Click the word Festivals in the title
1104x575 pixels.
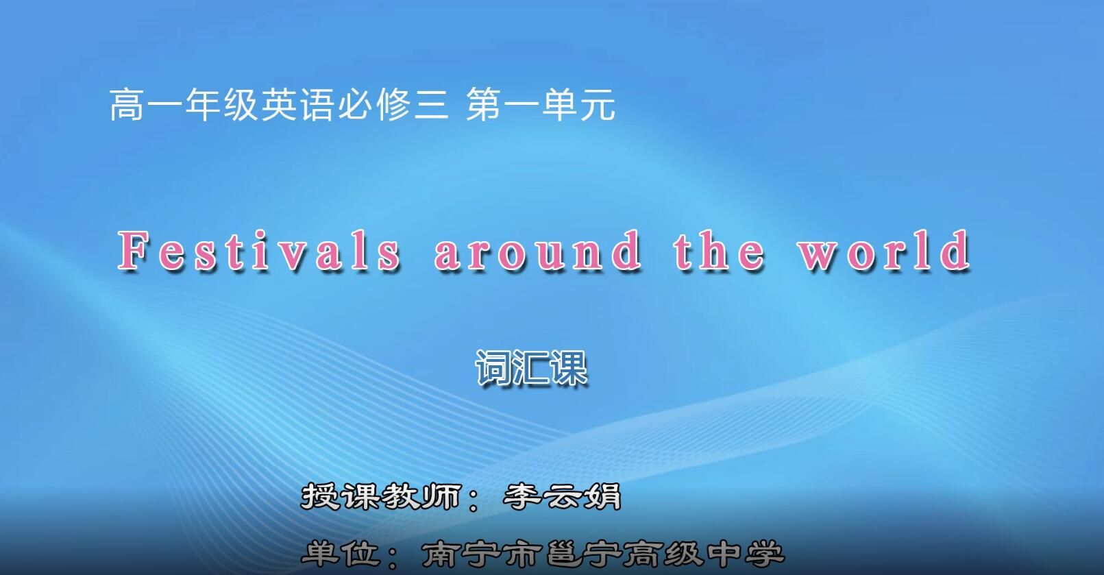(x=260, y=251)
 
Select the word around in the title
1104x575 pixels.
(x=539, y=251)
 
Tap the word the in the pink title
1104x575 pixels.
(x=719, y=251)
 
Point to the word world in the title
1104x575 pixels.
(x=884, y=251)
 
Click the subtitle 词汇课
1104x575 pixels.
(x=531, y=369)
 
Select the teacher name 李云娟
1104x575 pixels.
(x=562, y=497)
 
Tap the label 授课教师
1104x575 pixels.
(x=381, y=497)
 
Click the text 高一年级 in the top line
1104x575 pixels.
(x=184, y=106)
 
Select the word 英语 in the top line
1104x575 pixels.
(x=297, y=106)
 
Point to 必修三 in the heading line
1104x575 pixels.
(x=392, y=106)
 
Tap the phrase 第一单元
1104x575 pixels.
(x=541, y=106)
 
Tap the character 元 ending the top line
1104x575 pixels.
(x=597, y=106)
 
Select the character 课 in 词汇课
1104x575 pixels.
(x=569, y=369)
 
